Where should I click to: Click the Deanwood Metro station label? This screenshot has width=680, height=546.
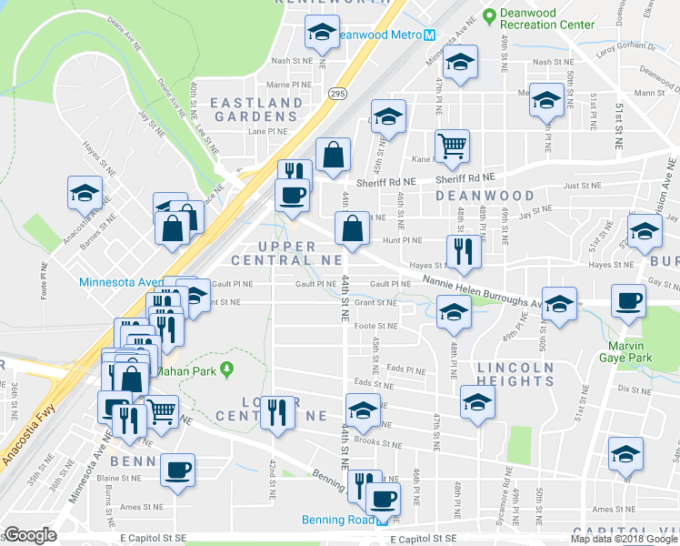pyautogui.click(x=380, y=35)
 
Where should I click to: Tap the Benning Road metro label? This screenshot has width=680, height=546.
pyautogui.click(x=338, y=521)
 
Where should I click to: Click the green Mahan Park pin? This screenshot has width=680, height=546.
pyautogui.click(x=228, y=370)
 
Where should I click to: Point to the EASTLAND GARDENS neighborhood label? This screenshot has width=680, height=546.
pyautogui.click(x=255, y=109)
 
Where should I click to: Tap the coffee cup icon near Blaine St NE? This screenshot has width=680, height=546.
pyautogui.click(x=177, y=470)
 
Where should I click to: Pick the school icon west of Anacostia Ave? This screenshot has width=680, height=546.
pyautogui.click(x=85, y=192)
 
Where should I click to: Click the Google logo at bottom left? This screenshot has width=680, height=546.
pyautogui.click(x=30, y=534)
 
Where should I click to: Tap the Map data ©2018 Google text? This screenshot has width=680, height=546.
pyautogui.click(x=625, y=539)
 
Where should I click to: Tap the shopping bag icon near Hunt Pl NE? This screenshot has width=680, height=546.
pyautogui.click(x=352, y=228)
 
